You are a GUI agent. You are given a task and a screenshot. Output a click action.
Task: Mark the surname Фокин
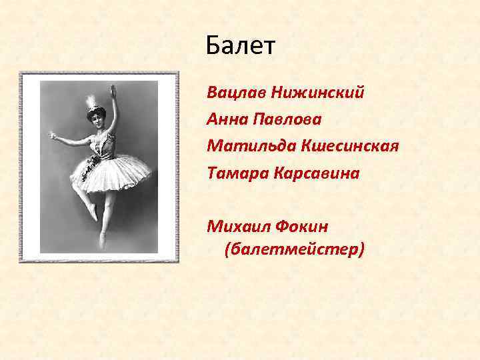point(303,227)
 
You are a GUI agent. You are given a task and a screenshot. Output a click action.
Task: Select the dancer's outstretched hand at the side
point(54,136)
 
